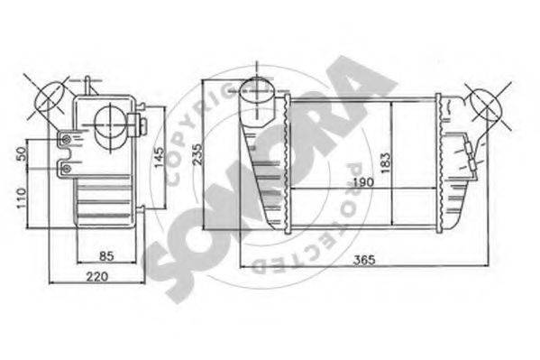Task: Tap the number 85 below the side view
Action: (x=105, y=255)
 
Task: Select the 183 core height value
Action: (x=385, y=161)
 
